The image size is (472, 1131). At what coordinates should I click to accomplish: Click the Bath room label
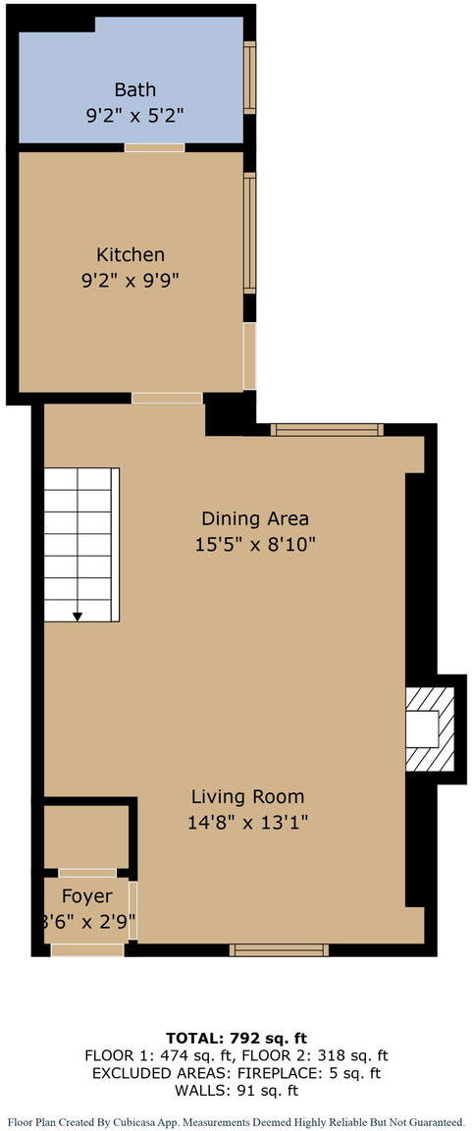[x=134, y=90]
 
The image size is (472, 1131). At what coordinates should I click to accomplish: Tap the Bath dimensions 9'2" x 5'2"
[x=134, y=114]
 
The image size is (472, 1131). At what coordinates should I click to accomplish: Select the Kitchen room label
[x=131, y=254]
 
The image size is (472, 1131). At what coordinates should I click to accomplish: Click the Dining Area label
[x=255, y=518]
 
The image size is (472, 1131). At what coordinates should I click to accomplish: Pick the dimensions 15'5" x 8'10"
[x=255, y=543]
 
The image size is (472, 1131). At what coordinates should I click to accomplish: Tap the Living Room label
[x=247, y=796]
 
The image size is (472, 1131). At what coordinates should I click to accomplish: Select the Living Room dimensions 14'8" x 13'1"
[x=249, y=822]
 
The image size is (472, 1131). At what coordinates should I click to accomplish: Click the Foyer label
[x=87, y=895]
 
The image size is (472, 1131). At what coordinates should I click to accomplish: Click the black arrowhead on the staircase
[x=78, y=615]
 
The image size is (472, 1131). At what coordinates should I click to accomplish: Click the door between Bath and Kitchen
[x=154, y=147]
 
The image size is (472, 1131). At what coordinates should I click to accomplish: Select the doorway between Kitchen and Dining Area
[x=167, y=398]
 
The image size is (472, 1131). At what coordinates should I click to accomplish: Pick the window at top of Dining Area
[x=327, y=429]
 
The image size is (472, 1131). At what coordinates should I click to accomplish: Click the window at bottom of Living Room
[x=279, y=949]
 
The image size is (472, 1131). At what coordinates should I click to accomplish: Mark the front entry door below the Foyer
[x=87, y=949]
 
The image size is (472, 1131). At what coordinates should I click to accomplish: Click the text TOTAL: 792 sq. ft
[x=236, y=1038]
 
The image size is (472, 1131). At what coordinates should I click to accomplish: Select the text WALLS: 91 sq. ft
[x=236, y=1090]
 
